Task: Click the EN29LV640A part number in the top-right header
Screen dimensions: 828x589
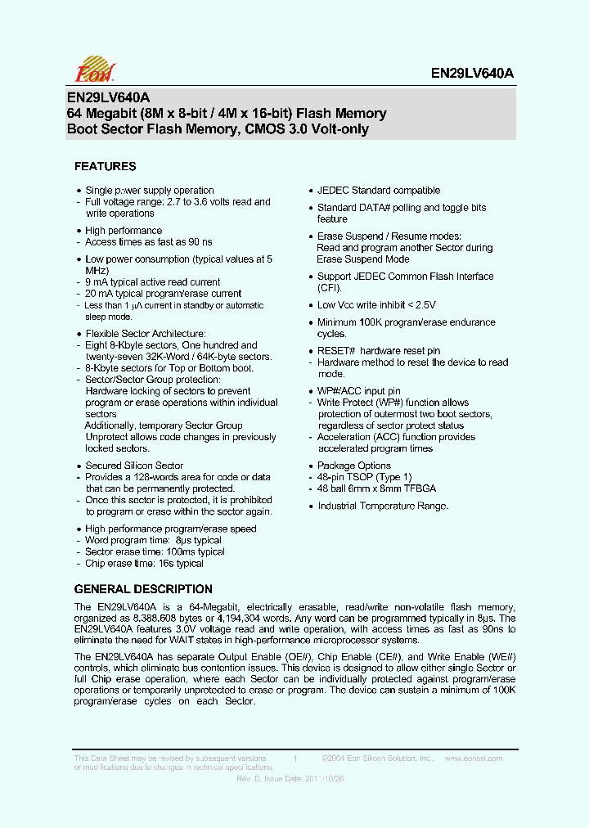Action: [472, 73]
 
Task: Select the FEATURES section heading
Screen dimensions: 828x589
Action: [105, 166]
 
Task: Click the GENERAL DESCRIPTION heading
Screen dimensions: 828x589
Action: [143, 589]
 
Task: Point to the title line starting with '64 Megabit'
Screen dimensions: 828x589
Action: [227, 114]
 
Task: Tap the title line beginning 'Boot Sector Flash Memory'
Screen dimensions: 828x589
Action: [218, 129]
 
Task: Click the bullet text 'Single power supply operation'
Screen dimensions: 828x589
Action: [150, 191]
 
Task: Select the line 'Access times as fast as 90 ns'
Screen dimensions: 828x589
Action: [148, 242]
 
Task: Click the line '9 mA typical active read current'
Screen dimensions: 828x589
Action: [153, 282]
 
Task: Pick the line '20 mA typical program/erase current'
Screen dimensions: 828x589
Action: [164, 294]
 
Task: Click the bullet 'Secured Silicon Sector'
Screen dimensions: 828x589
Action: [134, 466]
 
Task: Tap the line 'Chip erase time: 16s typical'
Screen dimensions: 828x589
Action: [144, 564]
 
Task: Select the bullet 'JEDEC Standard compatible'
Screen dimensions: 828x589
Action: [379, 191]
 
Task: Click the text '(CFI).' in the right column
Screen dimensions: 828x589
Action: [330, 288]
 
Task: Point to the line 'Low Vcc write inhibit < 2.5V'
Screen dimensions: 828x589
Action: [383, 305]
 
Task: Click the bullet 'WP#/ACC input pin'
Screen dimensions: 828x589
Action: [359, 391]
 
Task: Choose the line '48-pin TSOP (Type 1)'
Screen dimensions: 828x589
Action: [365, 477]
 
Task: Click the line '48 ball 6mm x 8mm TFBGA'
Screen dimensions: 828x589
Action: [376, 488]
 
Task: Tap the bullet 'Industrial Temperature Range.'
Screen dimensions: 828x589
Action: [383, 506]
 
